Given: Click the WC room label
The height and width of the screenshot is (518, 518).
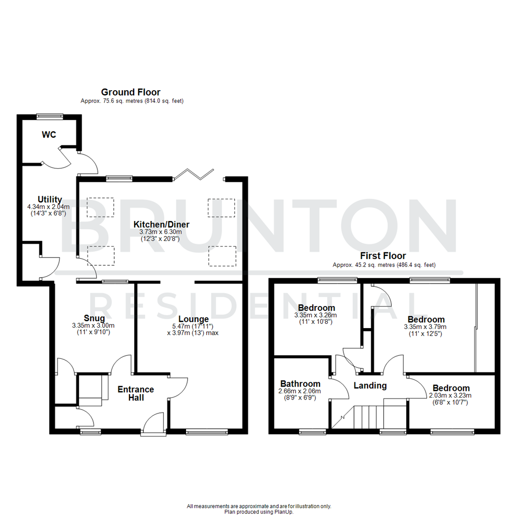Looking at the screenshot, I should pos(49,135).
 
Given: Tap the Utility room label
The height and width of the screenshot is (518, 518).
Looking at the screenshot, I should pos(50,200).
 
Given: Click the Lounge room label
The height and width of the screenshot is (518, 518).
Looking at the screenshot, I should pos(193,319).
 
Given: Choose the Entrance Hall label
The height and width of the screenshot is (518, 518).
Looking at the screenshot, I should pos(136,393).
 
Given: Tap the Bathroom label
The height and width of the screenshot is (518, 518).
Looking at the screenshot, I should pos(300,384).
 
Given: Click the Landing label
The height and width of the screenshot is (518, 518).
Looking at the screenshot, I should pos(370,385).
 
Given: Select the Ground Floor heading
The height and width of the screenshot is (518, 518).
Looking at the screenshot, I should pos(130,92).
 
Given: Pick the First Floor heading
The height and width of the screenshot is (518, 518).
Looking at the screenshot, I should pos(383,256).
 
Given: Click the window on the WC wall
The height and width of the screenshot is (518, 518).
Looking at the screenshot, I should pos(50,116).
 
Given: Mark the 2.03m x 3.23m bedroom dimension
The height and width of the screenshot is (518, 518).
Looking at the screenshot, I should pos(450,396).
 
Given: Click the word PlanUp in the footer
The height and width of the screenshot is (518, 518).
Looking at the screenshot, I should pos(285,512).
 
